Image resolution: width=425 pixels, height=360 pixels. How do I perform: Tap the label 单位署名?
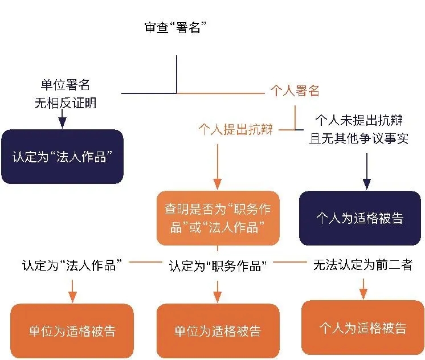point(65,85)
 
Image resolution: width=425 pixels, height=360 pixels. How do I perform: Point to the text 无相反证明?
point(65,103)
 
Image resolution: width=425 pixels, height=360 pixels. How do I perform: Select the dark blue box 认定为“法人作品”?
point(62,157)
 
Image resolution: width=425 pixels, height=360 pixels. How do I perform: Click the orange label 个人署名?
point(294,91)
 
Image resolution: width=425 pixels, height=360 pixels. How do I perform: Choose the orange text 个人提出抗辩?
point(236,130)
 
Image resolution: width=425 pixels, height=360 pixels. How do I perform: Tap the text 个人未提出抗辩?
point(359,121)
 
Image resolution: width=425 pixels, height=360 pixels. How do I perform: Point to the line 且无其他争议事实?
point(359,138)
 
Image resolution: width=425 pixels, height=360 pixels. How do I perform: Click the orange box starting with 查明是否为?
point(218,218)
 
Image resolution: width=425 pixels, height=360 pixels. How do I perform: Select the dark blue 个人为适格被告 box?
point(360,218)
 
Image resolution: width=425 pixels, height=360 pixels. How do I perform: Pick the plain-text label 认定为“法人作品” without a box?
point(73,265)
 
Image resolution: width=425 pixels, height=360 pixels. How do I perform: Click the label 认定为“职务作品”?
point(218,266)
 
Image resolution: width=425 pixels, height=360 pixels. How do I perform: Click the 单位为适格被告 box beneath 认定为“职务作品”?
point(218,331)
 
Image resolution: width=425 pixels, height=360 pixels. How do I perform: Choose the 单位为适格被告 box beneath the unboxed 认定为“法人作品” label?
point(72,331)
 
